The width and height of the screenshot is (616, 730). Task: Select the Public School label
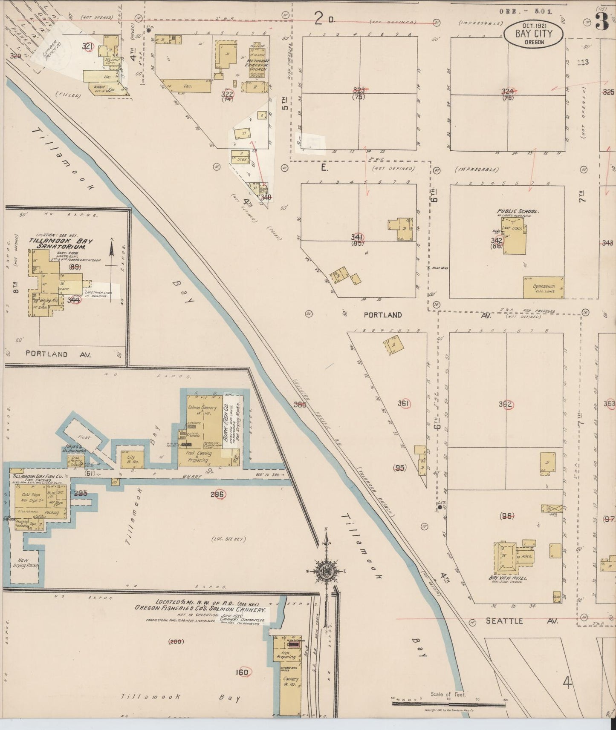[518, 211]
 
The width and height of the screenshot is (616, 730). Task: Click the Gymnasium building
[543, 287]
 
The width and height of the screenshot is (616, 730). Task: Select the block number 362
[506, 404]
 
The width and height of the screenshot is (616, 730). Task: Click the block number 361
[403, 403]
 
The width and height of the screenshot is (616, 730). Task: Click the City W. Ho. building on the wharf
[131, 460]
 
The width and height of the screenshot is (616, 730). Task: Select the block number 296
[217, 494]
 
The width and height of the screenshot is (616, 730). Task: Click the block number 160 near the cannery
[242, 673]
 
